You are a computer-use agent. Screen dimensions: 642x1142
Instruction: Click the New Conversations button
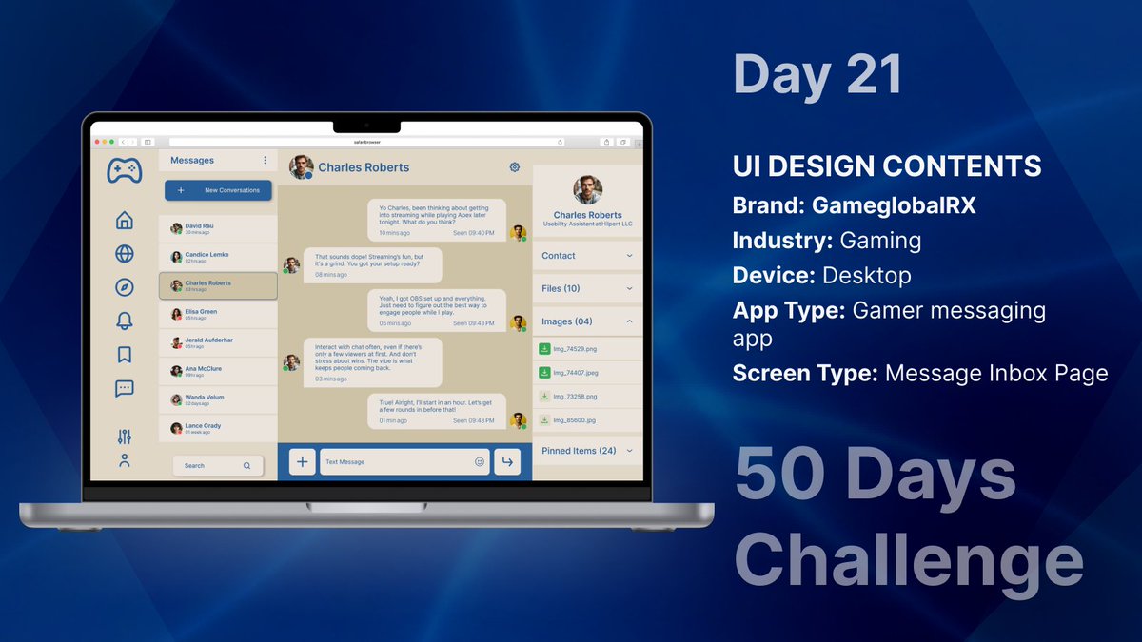pyautogui.click(x=218, y=190)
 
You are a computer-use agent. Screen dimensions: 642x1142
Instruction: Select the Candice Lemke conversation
pyautogui.click(x=218, y=257)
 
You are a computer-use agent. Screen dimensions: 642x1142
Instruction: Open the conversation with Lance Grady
pyautogui.click(x=218, y=428)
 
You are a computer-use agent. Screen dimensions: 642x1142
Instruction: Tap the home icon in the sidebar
pyautogui.click(x=124, y=221)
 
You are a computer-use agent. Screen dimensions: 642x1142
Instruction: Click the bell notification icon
pyautogui.click(x=124, y=321)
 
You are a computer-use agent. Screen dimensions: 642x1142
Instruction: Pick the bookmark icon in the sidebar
pyautogui.click(x=124, y=355)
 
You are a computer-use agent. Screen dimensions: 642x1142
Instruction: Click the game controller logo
pyautogui.click(x=124, y=170)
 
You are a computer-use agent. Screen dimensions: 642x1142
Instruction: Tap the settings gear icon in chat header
pyautogui.click(x=515, y=167)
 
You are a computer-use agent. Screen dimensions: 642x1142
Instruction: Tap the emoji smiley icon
pyautogui.click(x=480, y=462)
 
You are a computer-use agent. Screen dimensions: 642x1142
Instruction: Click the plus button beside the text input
pyautogui.click(x=302, y=462)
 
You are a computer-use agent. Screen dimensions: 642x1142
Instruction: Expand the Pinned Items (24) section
pyautogui.click(x=586, y=451)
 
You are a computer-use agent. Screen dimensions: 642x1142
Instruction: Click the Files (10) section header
pyautogui.click(x=586, y=288)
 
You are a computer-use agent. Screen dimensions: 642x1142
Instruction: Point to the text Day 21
pyautogui.click(x=817, y=74)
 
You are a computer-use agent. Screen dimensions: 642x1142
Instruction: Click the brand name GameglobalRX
pyautogui.click(x=894, y=205)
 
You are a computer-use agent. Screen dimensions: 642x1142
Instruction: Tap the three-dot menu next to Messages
pyautogui.click(x=265, y=160)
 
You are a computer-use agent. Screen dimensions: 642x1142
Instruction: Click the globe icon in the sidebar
pyautogui.click(x=124, y=254)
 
